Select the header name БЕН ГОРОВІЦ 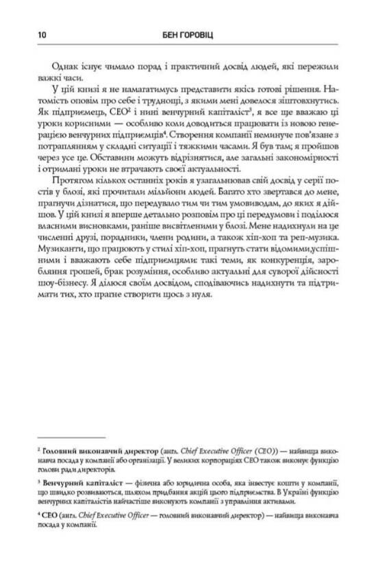click(190, 32)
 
